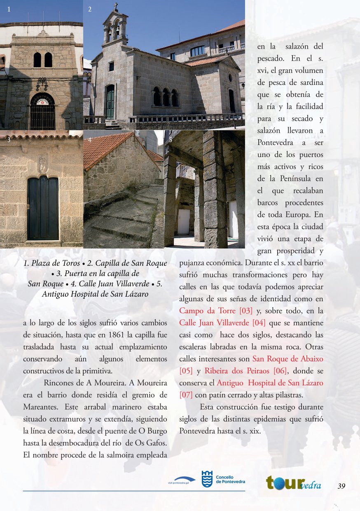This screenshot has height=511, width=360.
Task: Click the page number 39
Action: click(341, 486)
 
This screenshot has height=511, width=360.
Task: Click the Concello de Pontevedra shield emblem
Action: click(207, 479)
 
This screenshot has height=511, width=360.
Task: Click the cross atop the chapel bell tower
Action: click(116, 7)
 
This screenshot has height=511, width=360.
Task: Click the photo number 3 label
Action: click(8, 140)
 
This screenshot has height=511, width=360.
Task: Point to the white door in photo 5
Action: click(184, 222)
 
